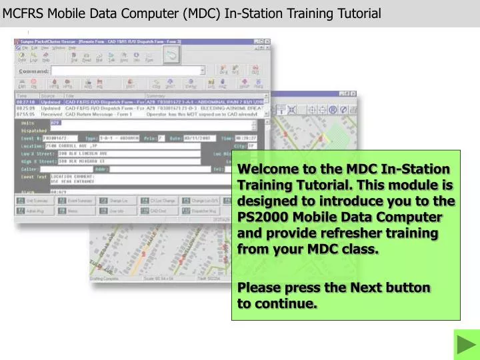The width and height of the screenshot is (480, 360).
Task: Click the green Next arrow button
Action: pos(464,345)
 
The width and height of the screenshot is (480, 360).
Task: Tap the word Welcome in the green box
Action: pos(269,169)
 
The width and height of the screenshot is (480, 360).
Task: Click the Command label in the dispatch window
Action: pos(33,71)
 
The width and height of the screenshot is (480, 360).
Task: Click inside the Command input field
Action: pos(127,71)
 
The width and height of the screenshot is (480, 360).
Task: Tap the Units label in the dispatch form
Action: pos(28,123)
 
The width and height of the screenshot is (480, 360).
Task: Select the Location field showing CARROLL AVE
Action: pos(120,146)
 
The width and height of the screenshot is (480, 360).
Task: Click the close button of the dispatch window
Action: pos(267,41)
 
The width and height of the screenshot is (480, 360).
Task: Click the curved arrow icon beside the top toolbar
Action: pos(171,56)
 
